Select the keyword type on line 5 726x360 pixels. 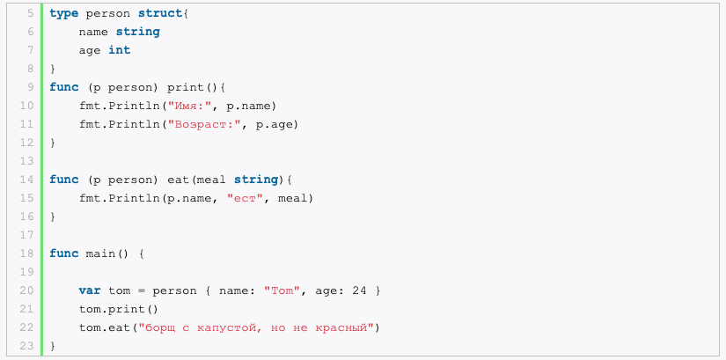[x=64, y=14]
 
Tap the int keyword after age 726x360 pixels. [x=120, y=50]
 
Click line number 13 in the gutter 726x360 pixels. [x=27, y=161]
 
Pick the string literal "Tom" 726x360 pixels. [x=282, y=290]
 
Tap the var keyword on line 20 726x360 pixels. [x=90, y=290]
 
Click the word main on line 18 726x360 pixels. [x=101, y=253]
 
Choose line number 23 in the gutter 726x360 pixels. [x=27, y=346]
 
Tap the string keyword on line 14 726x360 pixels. [x=256, y=180]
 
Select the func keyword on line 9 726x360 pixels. [x=64, y=87]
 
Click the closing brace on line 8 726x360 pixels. [x=52, y=69]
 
